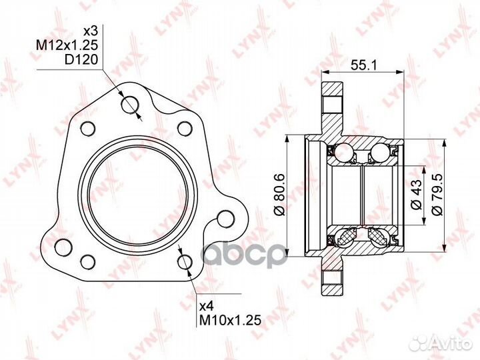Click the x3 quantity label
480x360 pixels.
[x=90, y=31]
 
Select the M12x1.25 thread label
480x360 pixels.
[x=67, y=45]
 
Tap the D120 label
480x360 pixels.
[x=81, y=59]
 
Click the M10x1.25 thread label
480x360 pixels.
[x=230, y=320]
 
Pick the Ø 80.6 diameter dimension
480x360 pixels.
[x=280, y=195]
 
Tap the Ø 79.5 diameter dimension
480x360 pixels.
[x=437, y=195]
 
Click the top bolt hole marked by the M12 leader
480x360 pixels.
[x=131, y=105]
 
